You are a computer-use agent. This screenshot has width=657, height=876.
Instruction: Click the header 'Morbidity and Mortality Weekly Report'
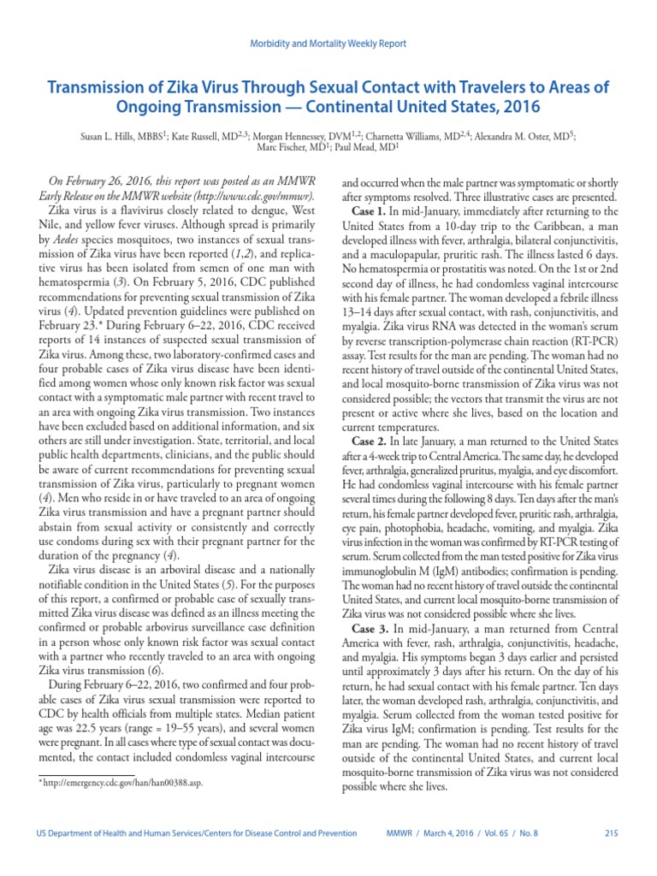pos(328,44)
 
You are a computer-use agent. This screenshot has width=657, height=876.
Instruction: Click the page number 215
pos(611,834)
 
